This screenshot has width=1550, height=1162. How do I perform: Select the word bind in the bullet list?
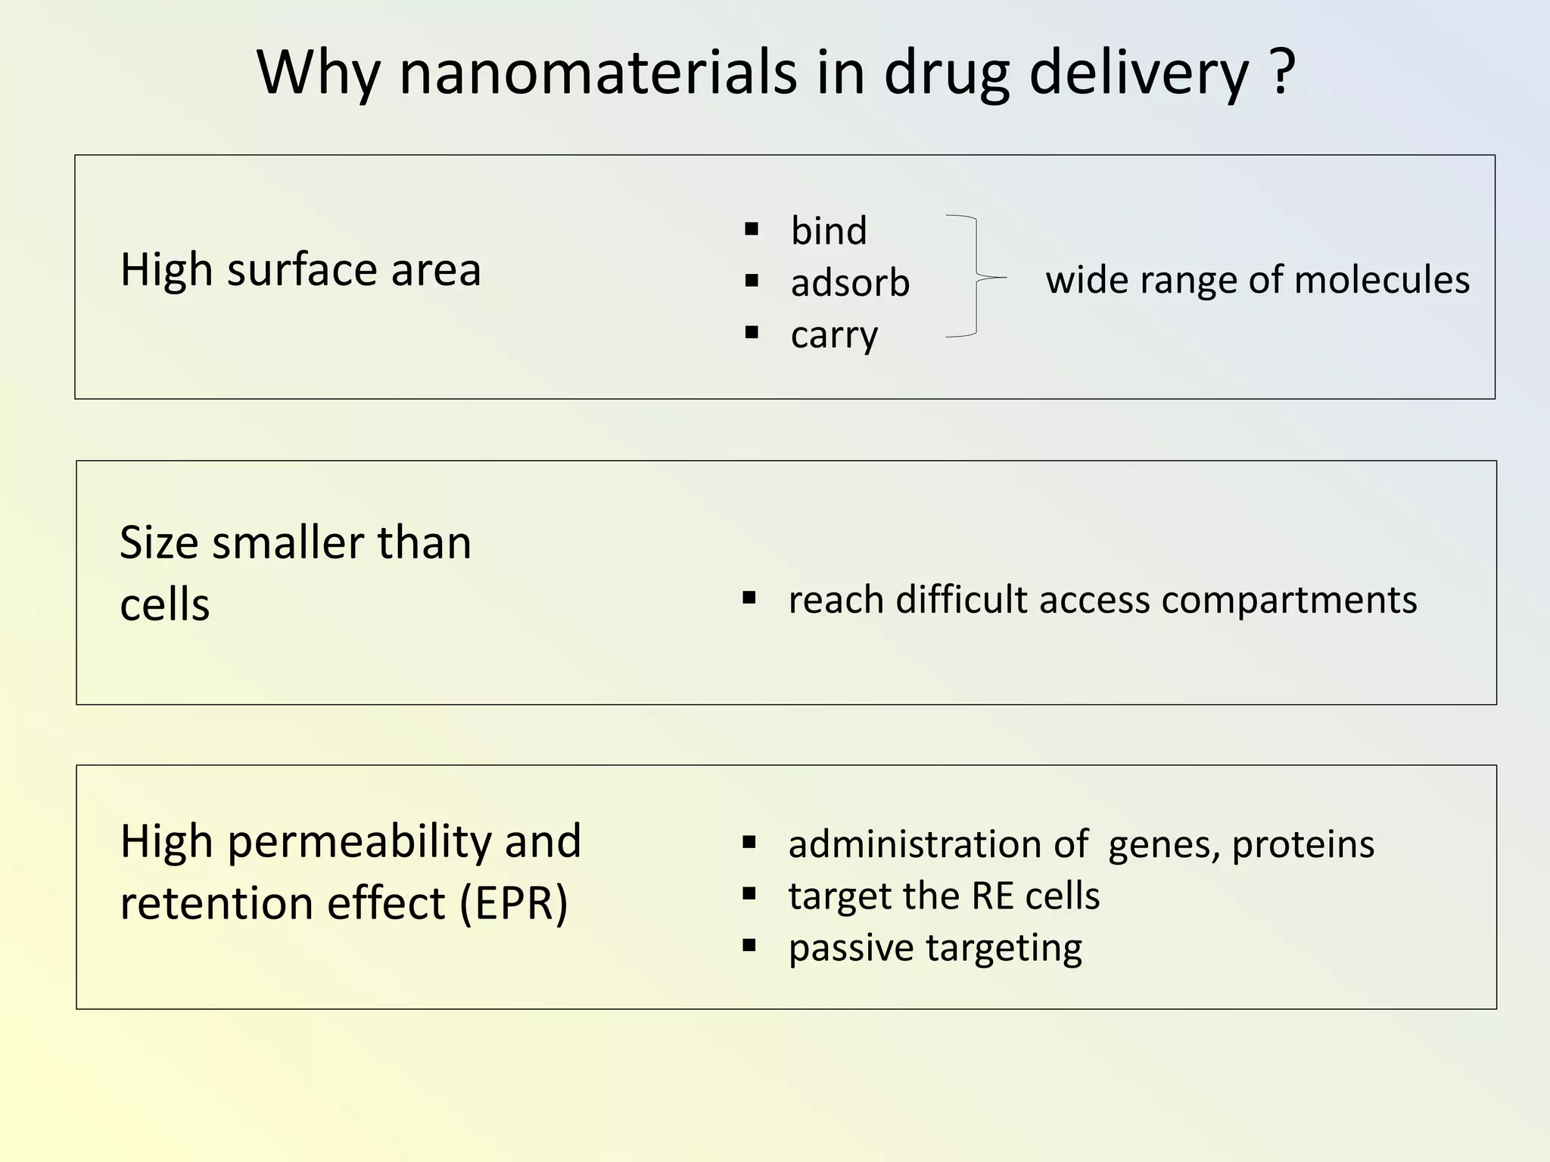[829, 230]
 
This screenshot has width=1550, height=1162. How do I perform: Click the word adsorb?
[850, 283]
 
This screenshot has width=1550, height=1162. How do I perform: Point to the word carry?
[834, 335]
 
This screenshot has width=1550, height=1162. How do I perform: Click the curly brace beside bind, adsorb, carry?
[976, 277]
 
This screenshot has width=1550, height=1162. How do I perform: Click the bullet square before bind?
[752, 229]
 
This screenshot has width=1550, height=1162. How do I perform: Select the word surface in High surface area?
[301, 269]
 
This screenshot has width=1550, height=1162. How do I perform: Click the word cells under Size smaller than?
[165, 605]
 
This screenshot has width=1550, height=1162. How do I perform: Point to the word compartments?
[1289, 600]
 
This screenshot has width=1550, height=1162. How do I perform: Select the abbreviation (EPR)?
[514, 903]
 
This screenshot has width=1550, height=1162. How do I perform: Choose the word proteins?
[1303, 845]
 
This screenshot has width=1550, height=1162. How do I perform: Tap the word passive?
[851, 948]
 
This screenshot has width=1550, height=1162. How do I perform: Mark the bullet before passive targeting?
[749, 946]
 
